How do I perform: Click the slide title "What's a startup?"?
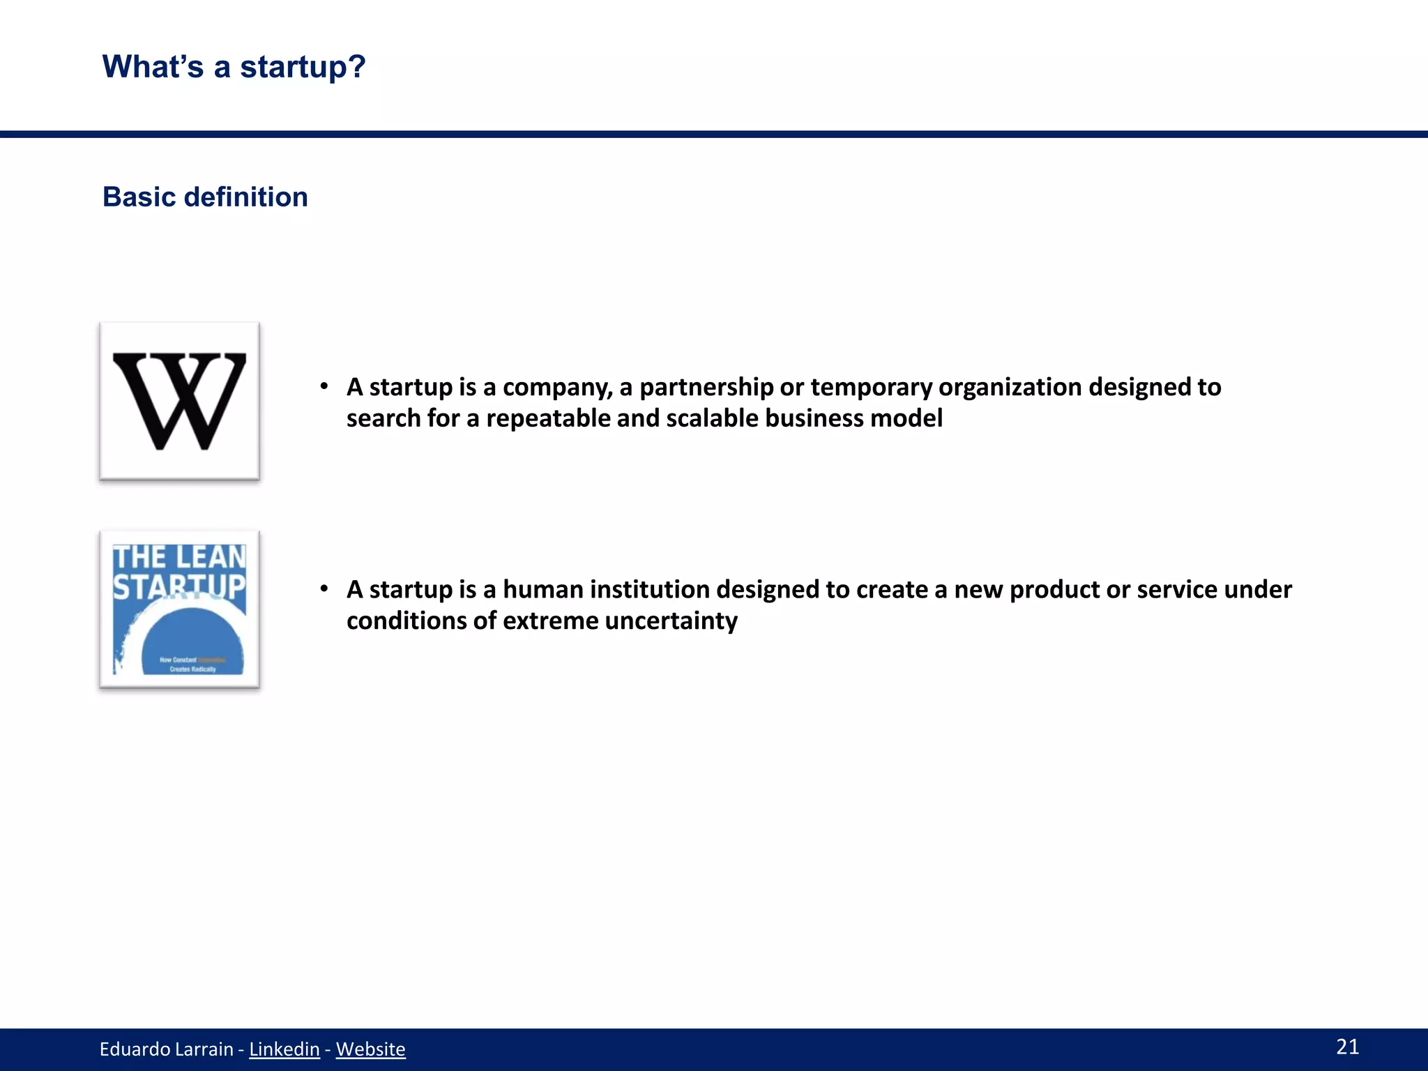[x=234, y=67]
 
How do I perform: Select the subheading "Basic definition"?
[x=205, y=197]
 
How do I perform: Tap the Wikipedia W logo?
[x=179, y=401]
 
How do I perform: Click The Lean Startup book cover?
[x=179, y=609]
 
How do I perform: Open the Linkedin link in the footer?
[x=284, y=1049]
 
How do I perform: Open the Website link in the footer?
[x=370, y=1049]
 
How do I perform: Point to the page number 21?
[x=1347, y=1047]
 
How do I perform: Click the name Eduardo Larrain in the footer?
[x=166, y=1049]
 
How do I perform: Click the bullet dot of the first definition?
[x=324, y=386]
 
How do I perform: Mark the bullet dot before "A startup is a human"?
[x=324, y=589]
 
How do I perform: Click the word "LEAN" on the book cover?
[x=211, y=558]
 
